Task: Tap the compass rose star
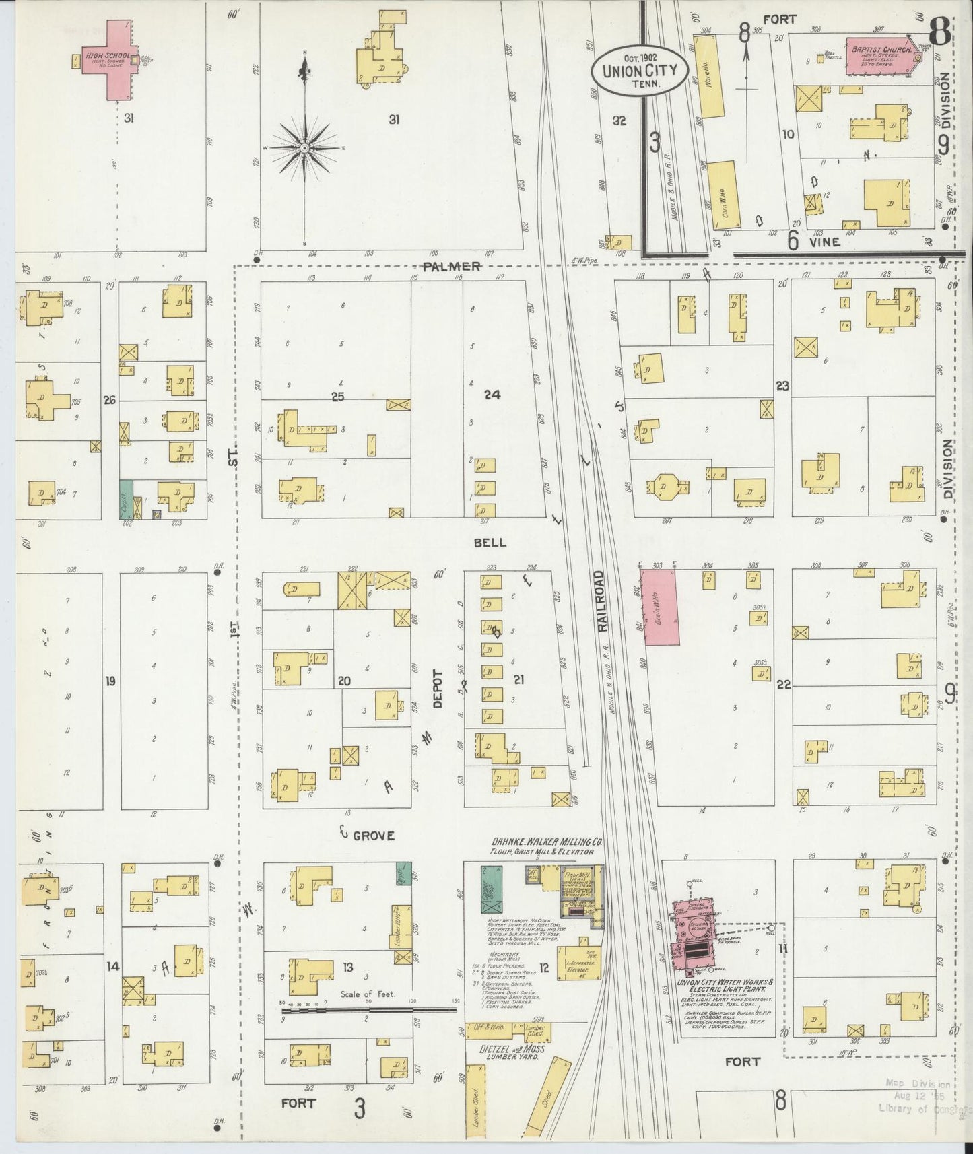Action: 304,147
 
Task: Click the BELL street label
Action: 490,543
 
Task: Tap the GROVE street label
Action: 373,836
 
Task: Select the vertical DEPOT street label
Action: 438,688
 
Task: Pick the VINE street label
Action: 824,242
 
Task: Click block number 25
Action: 337,397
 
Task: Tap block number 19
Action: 110,681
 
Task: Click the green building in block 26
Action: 126,499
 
